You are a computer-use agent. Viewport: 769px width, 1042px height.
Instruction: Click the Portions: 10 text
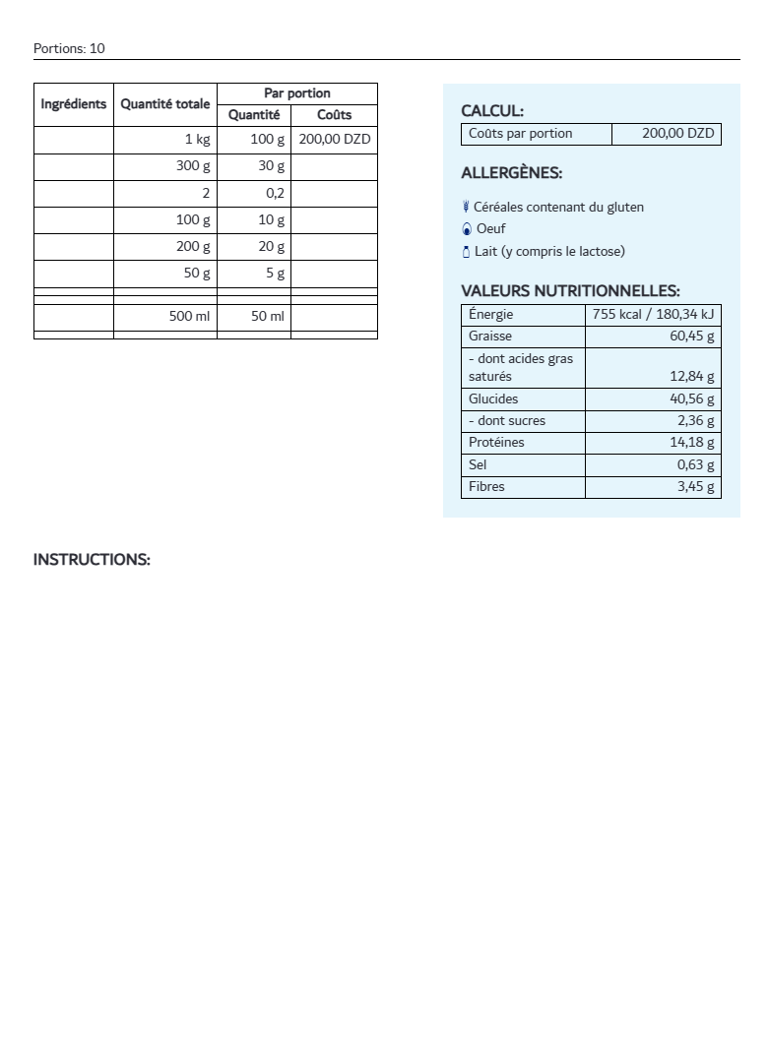tap(69, 48)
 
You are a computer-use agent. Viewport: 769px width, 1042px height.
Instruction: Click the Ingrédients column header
tap(74, 104)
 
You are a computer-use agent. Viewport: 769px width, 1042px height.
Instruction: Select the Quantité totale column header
tap(165, 104)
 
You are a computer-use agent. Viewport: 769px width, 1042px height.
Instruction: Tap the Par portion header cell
tap(296, 93)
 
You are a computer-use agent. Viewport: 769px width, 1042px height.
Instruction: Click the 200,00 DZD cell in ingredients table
tap(335, 140)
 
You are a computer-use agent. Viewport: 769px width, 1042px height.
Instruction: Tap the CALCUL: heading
tap(492, 112)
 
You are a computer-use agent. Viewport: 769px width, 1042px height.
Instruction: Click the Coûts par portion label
tap(520, 134)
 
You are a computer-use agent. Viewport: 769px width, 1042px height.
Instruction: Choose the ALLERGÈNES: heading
tap(511, 173)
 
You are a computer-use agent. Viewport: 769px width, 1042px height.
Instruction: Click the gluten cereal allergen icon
tap(466, 207)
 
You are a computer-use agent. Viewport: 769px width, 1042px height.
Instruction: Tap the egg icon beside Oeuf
tap(467, 229)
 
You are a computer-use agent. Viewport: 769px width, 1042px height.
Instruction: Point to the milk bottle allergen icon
tap(466, 252)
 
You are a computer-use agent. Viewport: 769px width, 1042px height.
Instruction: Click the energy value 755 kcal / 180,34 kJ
tap(653, 315)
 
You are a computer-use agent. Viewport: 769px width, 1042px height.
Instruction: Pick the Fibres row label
tap(486, 487)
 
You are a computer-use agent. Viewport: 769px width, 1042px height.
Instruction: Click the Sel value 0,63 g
tap(695, 465)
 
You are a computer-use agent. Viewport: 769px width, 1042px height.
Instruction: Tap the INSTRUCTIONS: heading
tap(92, 560)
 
